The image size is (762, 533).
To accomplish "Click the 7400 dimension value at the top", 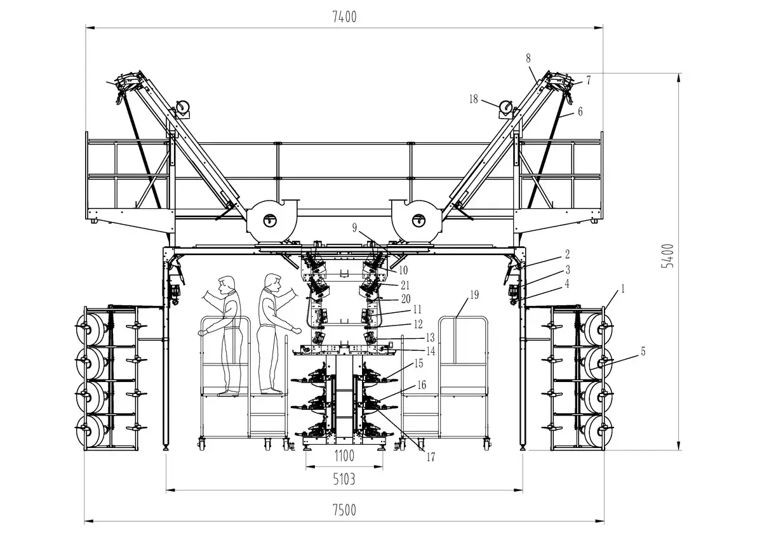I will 344,18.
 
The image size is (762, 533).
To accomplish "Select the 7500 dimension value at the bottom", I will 344,510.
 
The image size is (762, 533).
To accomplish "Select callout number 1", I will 623,288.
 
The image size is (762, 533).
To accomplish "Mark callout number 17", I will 431,456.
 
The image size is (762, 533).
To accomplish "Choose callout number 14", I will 430,350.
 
